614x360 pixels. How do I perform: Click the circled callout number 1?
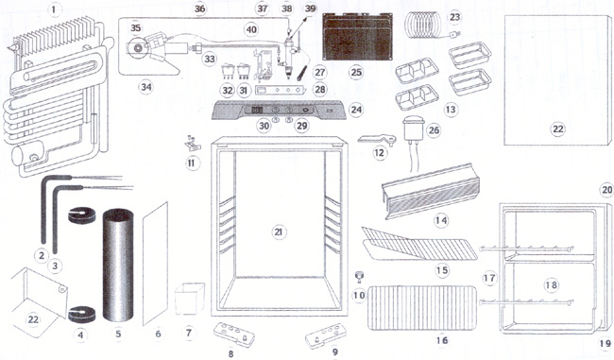click(x=54, y=9)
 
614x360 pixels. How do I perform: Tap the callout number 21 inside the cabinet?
click(x=278, y=231)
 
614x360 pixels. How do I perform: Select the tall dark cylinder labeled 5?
click(x=118, y=266)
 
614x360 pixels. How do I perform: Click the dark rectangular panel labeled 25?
click(x=356, y=37)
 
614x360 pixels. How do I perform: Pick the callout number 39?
click(x=310, y=9)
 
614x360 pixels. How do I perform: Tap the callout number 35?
click(x=135, y=27)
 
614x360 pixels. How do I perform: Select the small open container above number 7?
click(x=190, y=299)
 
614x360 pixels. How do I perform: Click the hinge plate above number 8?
click(x=234, y=334)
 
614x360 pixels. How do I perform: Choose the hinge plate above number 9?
click(x=326, y=335)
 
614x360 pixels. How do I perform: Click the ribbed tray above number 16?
click(x=422, y=307)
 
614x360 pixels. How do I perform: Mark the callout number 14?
click(x=441, y=220)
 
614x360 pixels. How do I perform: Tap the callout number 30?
click(x=264, y=126)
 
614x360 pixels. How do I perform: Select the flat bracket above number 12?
click(x=377, y=139)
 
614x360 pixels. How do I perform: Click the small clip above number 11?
click(x=192, y=145)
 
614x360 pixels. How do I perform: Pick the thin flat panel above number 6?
click(x=155, y=264)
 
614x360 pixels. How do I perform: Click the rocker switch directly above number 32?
click(x=228, y=71)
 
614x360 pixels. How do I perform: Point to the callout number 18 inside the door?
click(x=551, y=284)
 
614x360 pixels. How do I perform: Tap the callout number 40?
click(x=251, y=29)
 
